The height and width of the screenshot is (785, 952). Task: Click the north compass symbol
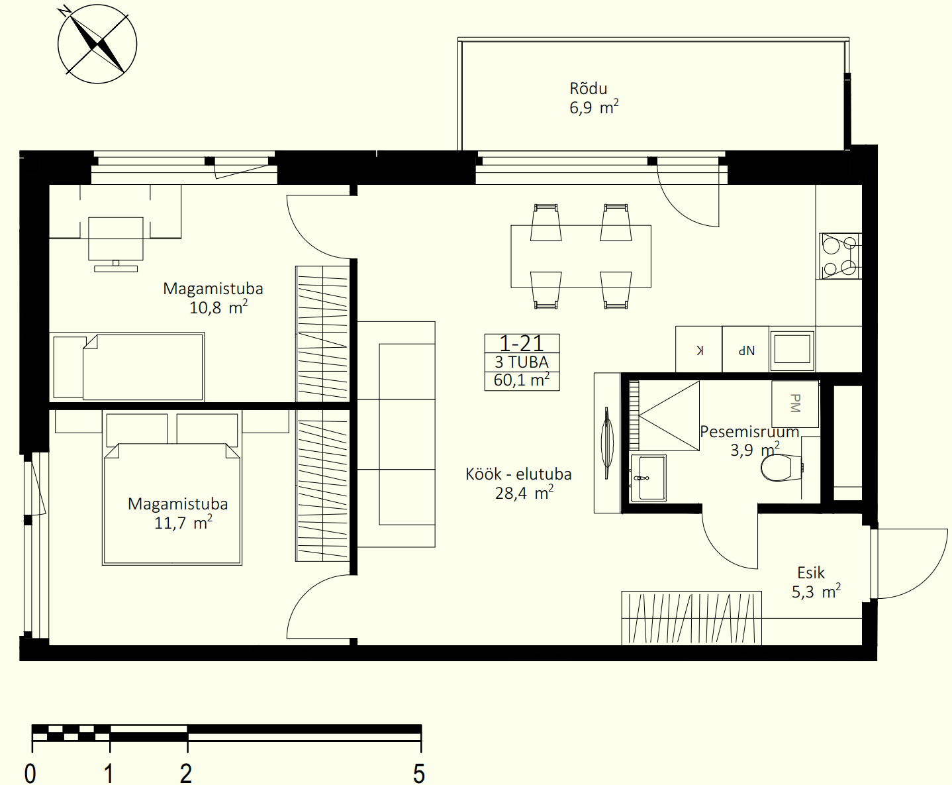tap(97, 44)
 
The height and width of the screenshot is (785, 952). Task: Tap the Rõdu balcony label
tap(588, 89)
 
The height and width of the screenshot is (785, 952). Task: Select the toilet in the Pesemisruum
tap(782, 467)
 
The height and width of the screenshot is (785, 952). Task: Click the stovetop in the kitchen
tap(840, 256)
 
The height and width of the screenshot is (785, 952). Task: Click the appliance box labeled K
tap(699, 349)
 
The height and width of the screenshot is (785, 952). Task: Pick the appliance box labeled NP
tap(746, 349)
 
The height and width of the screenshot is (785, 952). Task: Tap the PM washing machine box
tap(794, 403)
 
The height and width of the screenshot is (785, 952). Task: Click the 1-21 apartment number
tap(522, 343)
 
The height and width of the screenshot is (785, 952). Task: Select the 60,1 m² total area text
tap(522, 380)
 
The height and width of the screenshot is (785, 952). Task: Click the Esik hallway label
tap(811, 573)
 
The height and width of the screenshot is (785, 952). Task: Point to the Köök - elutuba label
tap(518, 474)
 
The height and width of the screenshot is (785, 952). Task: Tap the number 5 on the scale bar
tap(418, 773)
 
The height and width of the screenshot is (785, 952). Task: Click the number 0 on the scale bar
tap(30, 773)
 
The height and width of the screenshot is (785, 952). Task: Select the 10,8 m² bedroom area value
tap(218, 307)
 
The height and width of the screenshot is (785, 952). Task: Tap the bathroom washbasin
tap(648, 478)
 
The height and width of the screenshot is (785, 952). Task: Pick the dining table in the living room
tap(581, 256)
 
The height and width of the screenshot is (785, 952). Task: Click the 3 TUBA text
tap(522, 362)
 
